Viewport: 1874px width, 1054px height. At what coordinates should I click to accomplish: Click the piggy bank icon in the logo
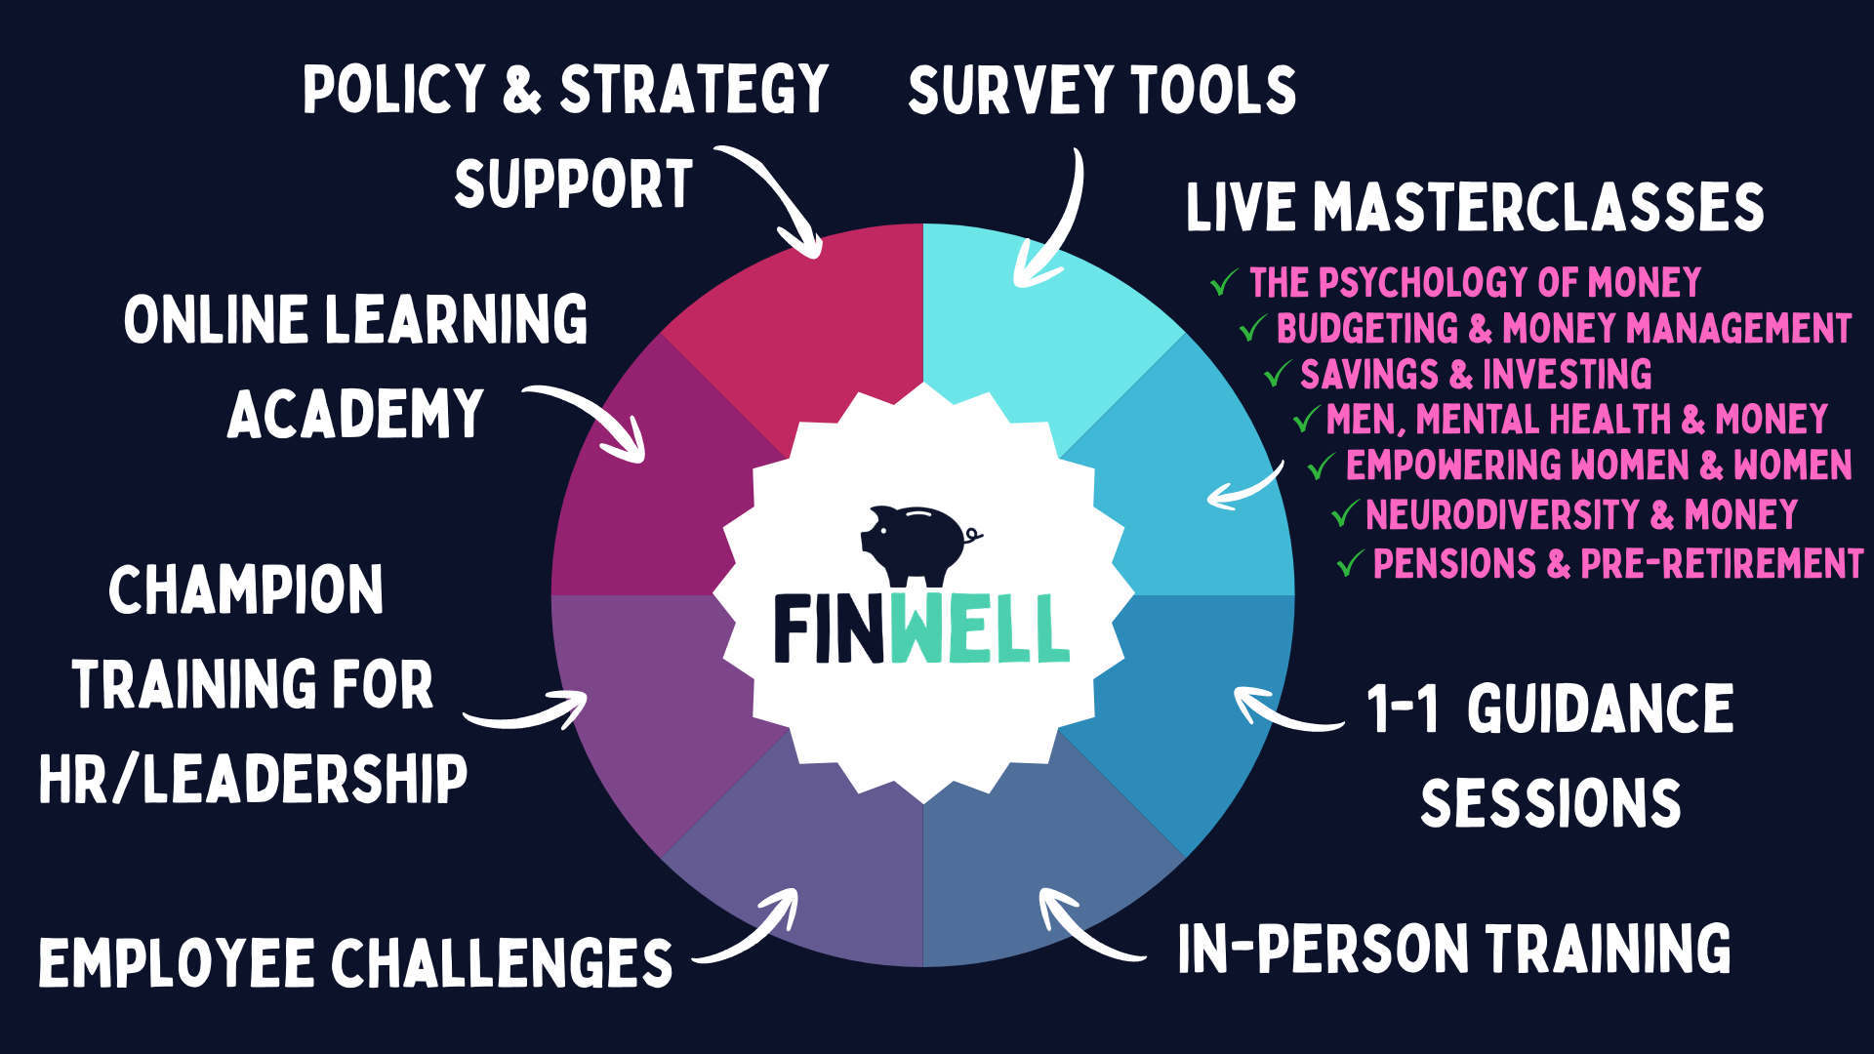(x=917, y=542)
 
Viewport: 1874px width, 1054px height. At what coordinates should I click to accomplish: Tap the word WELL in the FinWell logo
(x=979, y=629)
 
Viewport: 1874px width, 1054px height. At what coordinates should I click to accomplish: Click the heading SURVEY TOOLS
(x=1102, y=90)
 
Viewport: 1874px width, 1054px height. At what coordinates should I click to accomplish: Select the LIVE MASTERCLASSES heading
(x=1475, y=208)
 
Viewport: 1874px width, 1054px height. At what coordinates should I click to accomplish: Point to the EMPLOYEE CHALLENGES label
(x=355, y=962)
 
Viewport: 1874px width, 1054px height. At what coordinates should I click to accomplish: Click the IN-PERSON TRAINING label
(x=1454, y=949)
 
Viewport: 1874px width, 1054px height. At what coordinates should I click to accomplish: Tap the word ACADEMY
(x=355, y=415)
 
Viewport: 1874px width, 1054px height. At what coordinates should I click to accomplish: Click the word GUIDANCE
(x=1601, y=709)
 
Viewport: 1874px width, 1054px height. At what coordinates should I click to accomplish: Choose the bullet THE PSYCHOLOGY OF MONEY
(x=1475, y=283)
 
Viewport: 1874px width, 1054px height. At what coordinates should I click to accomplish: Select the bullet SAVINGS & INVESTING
(x=1475, y=375)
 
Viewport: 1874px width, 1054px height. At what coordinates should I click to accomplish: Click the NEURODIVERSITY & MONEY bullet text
(x=1581, y=514)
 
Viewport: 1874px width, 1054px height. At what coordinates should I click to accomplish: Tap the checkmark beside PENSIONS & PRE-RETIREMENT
(x=1350, y=563)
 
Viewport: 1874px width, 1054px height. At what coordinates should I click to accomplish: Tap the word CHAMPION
(x=246, y=590)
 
